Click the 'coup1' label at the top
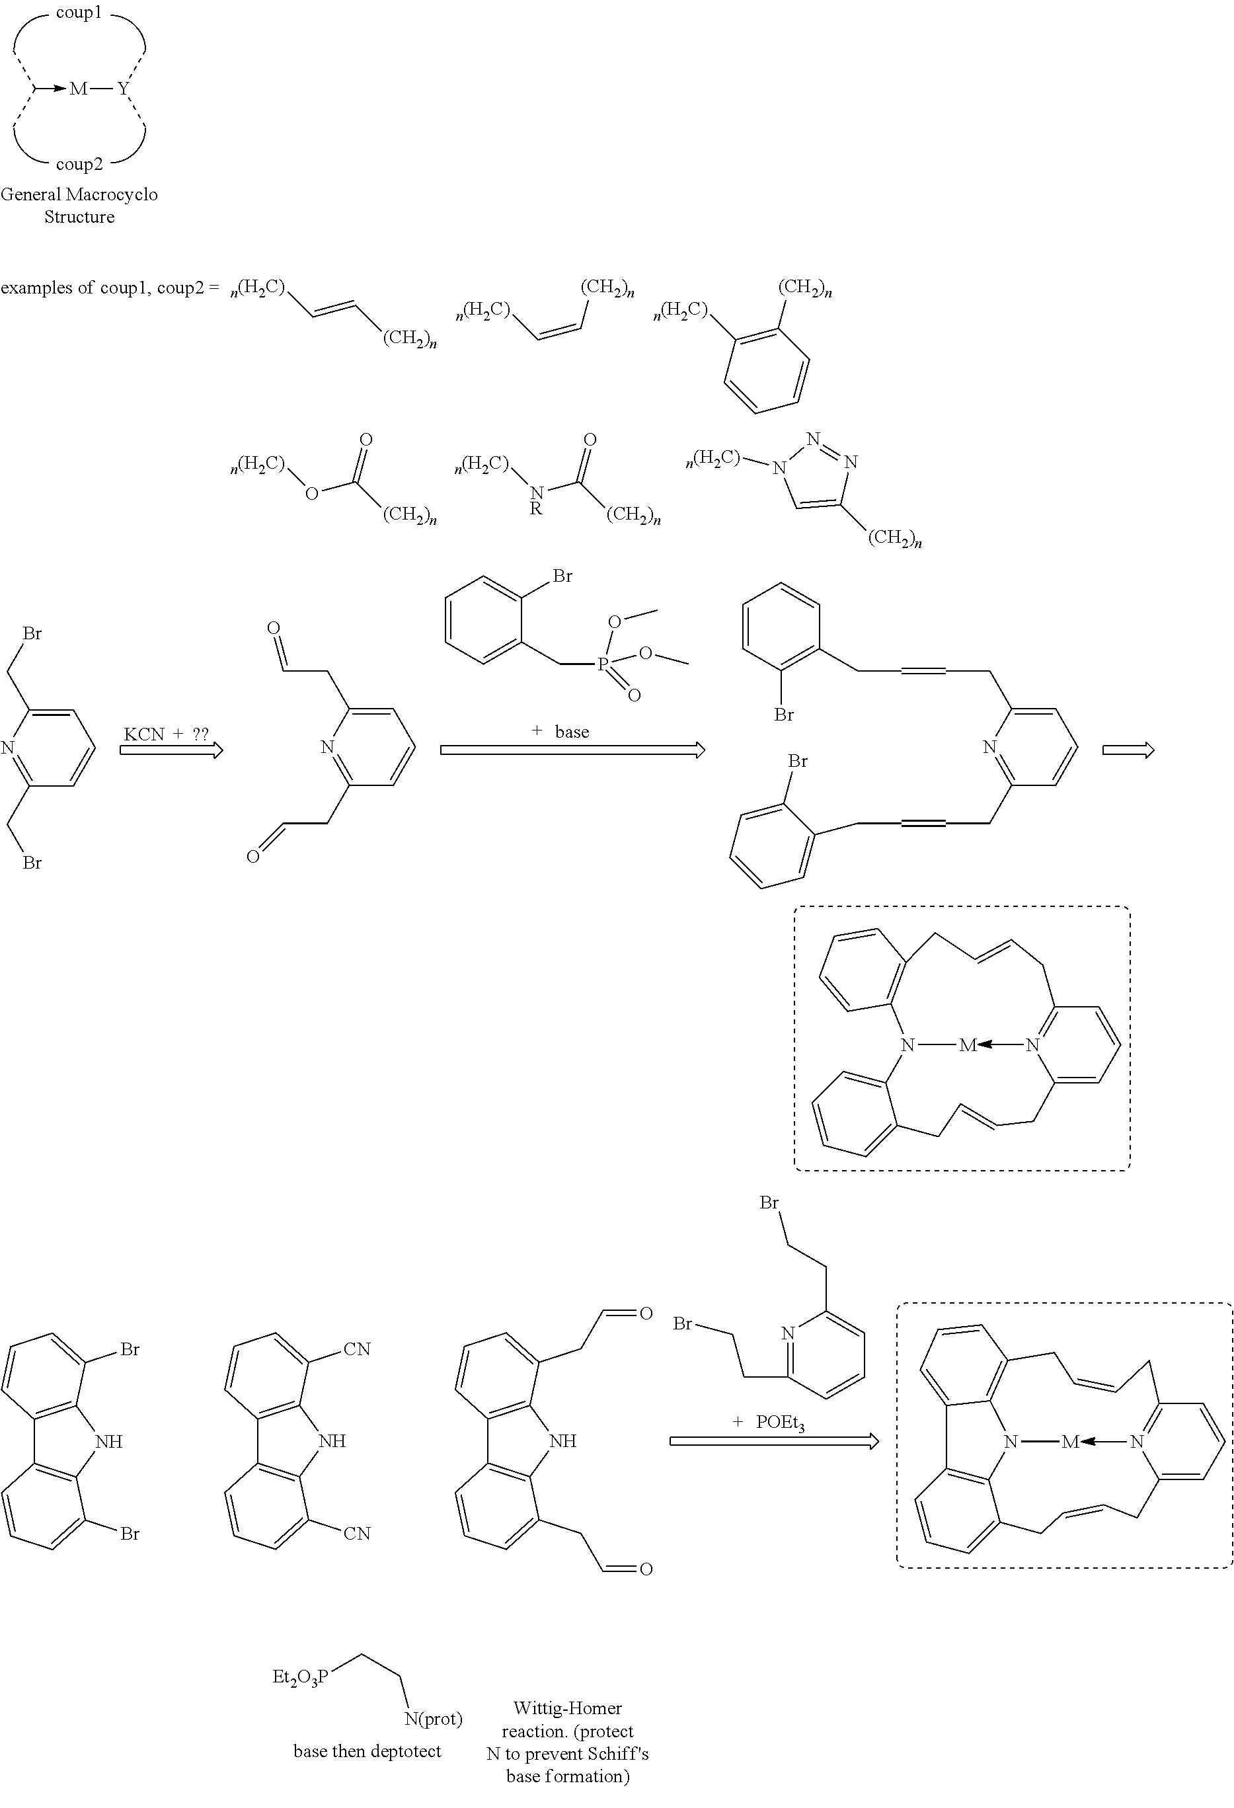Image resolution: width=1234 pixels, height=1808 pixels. tap(79, 13)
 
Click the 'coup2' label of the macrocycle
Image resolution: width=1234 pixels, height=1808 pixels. tap(79, 164)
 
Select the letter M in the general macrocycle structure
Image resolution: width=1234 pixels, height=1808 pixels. tap(78, 89)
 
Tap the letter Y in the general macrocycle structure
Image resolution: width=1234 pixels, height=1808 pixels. tap(123, 89)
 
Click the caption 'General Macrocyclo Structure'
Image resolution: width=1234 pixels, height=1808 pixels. tap(79, 206)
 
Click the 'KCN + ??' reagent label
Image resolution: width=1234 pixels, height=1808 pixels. tap(167, 734)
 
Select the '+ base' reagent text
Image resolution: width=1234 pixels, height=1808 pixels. tap(560, 731)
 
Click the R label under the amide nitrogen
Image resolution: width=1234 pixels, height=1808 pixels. tap(536, 509)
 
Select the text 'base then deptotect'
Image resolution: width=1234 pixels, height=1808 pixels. tap(367, 1751)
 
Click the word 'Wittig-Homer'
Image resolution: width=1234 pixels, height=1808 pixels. tap(568, 1708)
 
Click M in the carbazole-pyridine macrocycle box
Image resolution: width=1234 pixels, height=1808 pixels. tap(1071, 1442)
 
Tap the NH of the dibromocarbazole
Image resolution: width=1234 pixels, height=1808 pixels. tap(109, 1442)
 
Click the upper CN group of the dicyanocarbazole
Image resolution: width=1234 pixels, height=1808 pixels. tap(357, 1349)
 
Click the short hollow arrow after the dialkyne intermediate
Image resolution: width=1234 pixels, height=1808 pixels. tap(1128, 750)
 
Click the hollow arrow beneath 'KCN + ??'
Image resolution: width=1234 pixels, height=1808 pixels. tap(171, 750)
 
